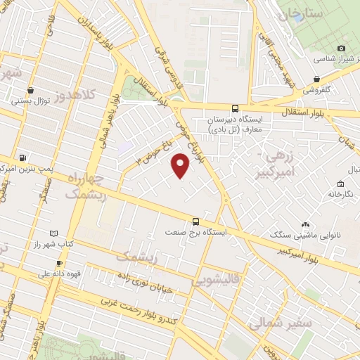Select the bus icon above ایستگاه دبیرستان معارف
pos(235,109)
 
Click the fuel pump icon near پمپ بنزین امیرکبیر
pos(24,157)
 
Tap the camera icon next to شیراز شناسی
pos(341,48)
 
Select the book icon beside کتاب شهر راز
pos(55,233)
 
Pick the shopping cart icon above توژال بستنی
pos(31,90)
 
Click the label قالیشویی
pos(213,282)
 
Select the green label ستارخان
pos(300,13)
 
